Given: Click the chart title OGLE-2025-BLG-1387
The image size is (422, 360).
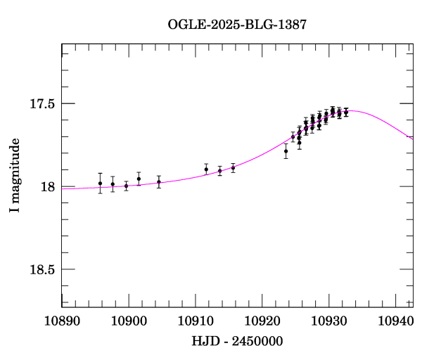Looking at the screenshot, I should [x=237, y=24].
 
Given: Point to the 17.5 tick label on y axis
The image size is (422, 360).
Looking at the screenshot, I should [x=42, y=104].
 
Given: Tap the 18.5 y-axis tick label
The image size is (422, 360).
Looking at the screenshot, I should [x=42, y=270].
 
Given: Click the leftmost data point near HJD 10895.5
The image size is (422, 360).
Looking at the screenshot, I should [x=100, y=184].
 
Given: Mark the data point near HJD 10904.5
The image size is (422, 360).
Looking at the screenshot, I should [x=159, y=182].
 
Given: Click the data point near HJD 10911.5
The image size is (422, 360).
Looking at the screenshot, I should [x=206, y=169].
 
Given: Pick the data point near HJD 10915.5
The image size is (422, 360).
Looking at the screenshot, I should [x=233, y=168].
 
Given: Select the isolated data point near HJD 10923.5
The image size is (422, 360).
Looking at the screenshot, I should [x=286, y=151].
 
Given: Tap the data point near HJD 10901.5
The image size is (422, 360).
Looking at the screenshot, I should [x=139, y=179].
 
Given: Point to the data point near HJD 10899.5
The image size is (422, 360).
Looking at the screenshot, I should [x=126, y=186].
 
